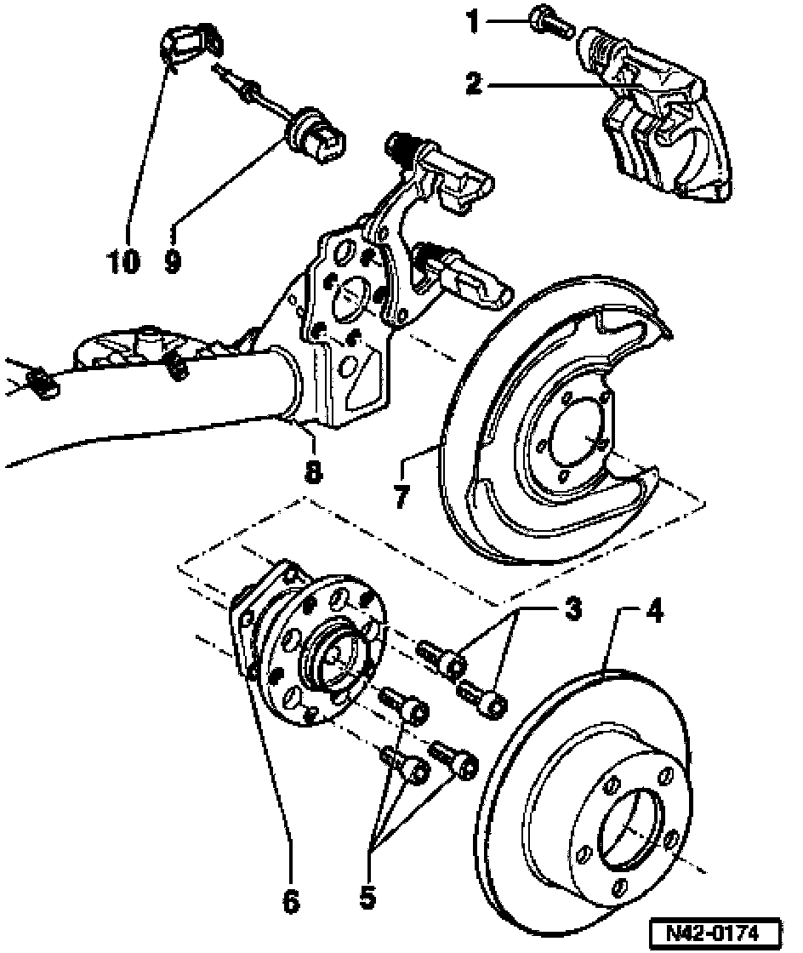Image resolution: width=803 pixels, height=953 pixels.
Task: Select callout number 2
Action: (474, 83)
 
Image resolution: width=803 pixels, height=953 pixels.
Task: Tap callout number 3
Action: (573, 609)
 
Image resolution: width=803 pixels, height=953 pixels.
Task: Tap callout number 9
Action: (174, 261)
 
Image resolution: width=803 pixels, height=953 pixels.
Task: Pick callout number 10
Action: (123, 261)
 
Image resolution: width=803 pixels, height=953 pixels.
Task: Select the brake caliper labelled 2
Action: (663, 136)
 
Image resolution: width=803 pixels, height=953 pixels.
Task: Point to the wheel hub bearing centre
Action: (332, 654)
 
